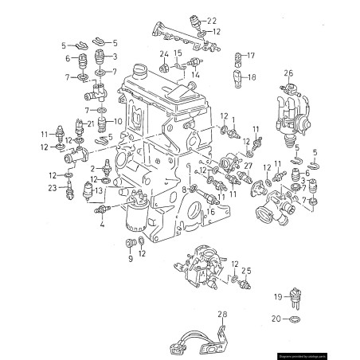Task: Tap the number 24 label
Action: point(163,54)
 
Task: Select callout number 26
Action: point(289,73)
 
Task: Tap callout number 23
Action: point(53,188)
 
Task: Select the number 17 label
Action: point(252,55)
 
